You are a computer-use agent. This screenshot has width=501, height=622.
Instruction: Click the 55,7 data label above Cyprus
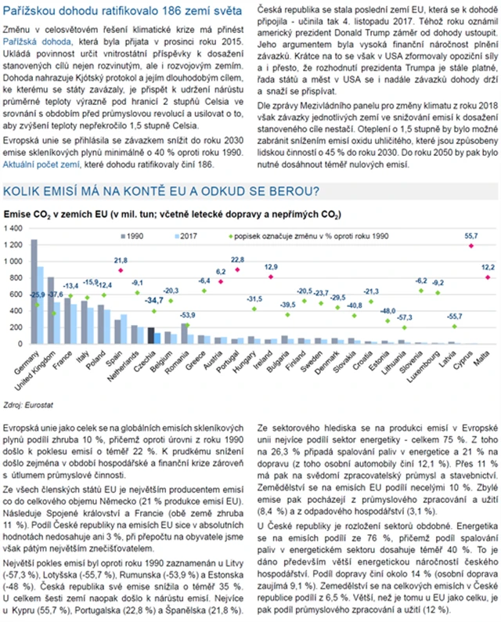point(471,235)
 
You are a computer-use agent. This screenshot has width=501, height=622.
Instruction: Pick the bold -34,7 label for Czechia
point(154,300)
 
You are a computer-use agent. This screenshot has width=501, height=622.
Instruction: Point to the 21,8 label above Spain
point(121,260)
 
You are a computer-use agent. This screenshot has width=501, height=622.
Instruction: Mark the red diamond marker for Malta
point(488,277)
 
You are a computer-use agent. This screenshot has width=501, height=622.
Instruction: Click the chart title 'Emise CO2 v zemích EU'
point(172,213)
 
